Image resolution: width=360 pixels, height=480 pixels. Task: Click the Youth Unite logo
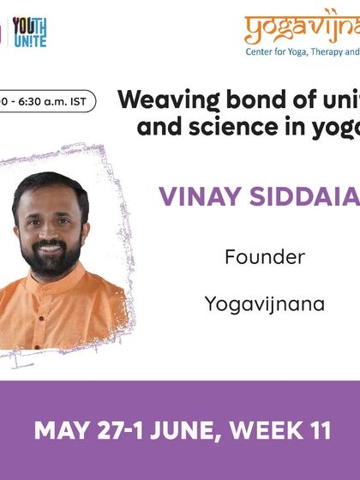tap(29, 32)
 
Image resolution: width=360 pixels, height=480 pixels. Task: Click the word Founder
tap(264, 256)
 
